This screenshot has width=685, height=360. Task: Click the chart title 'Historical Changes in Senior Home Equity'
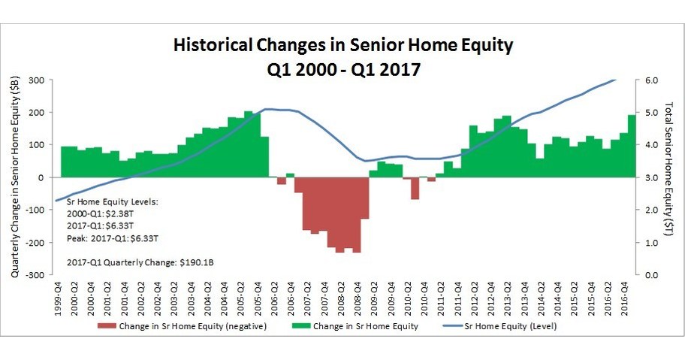click(x=343, y=45)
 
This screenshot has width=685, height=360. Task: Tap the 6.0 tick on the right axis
click(x=651, y=80)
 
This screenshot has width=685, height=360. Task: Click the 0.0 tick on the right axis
click(x=651, y=275)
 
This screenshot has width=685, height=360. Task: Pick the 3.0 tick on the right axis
click(x=651, y=177)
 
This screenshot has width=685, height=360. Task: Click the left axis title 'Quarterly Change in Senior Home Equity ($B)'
click(x=15, y=177)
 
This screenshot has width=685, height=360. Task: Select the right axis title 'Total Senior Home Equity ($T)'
click(x=671, y=177)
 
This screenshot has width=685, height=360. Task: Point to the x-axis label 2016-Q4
click(x=624, y=299)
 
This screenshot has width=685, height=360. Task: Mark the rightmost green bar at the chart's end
click(x=632, y=146)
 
